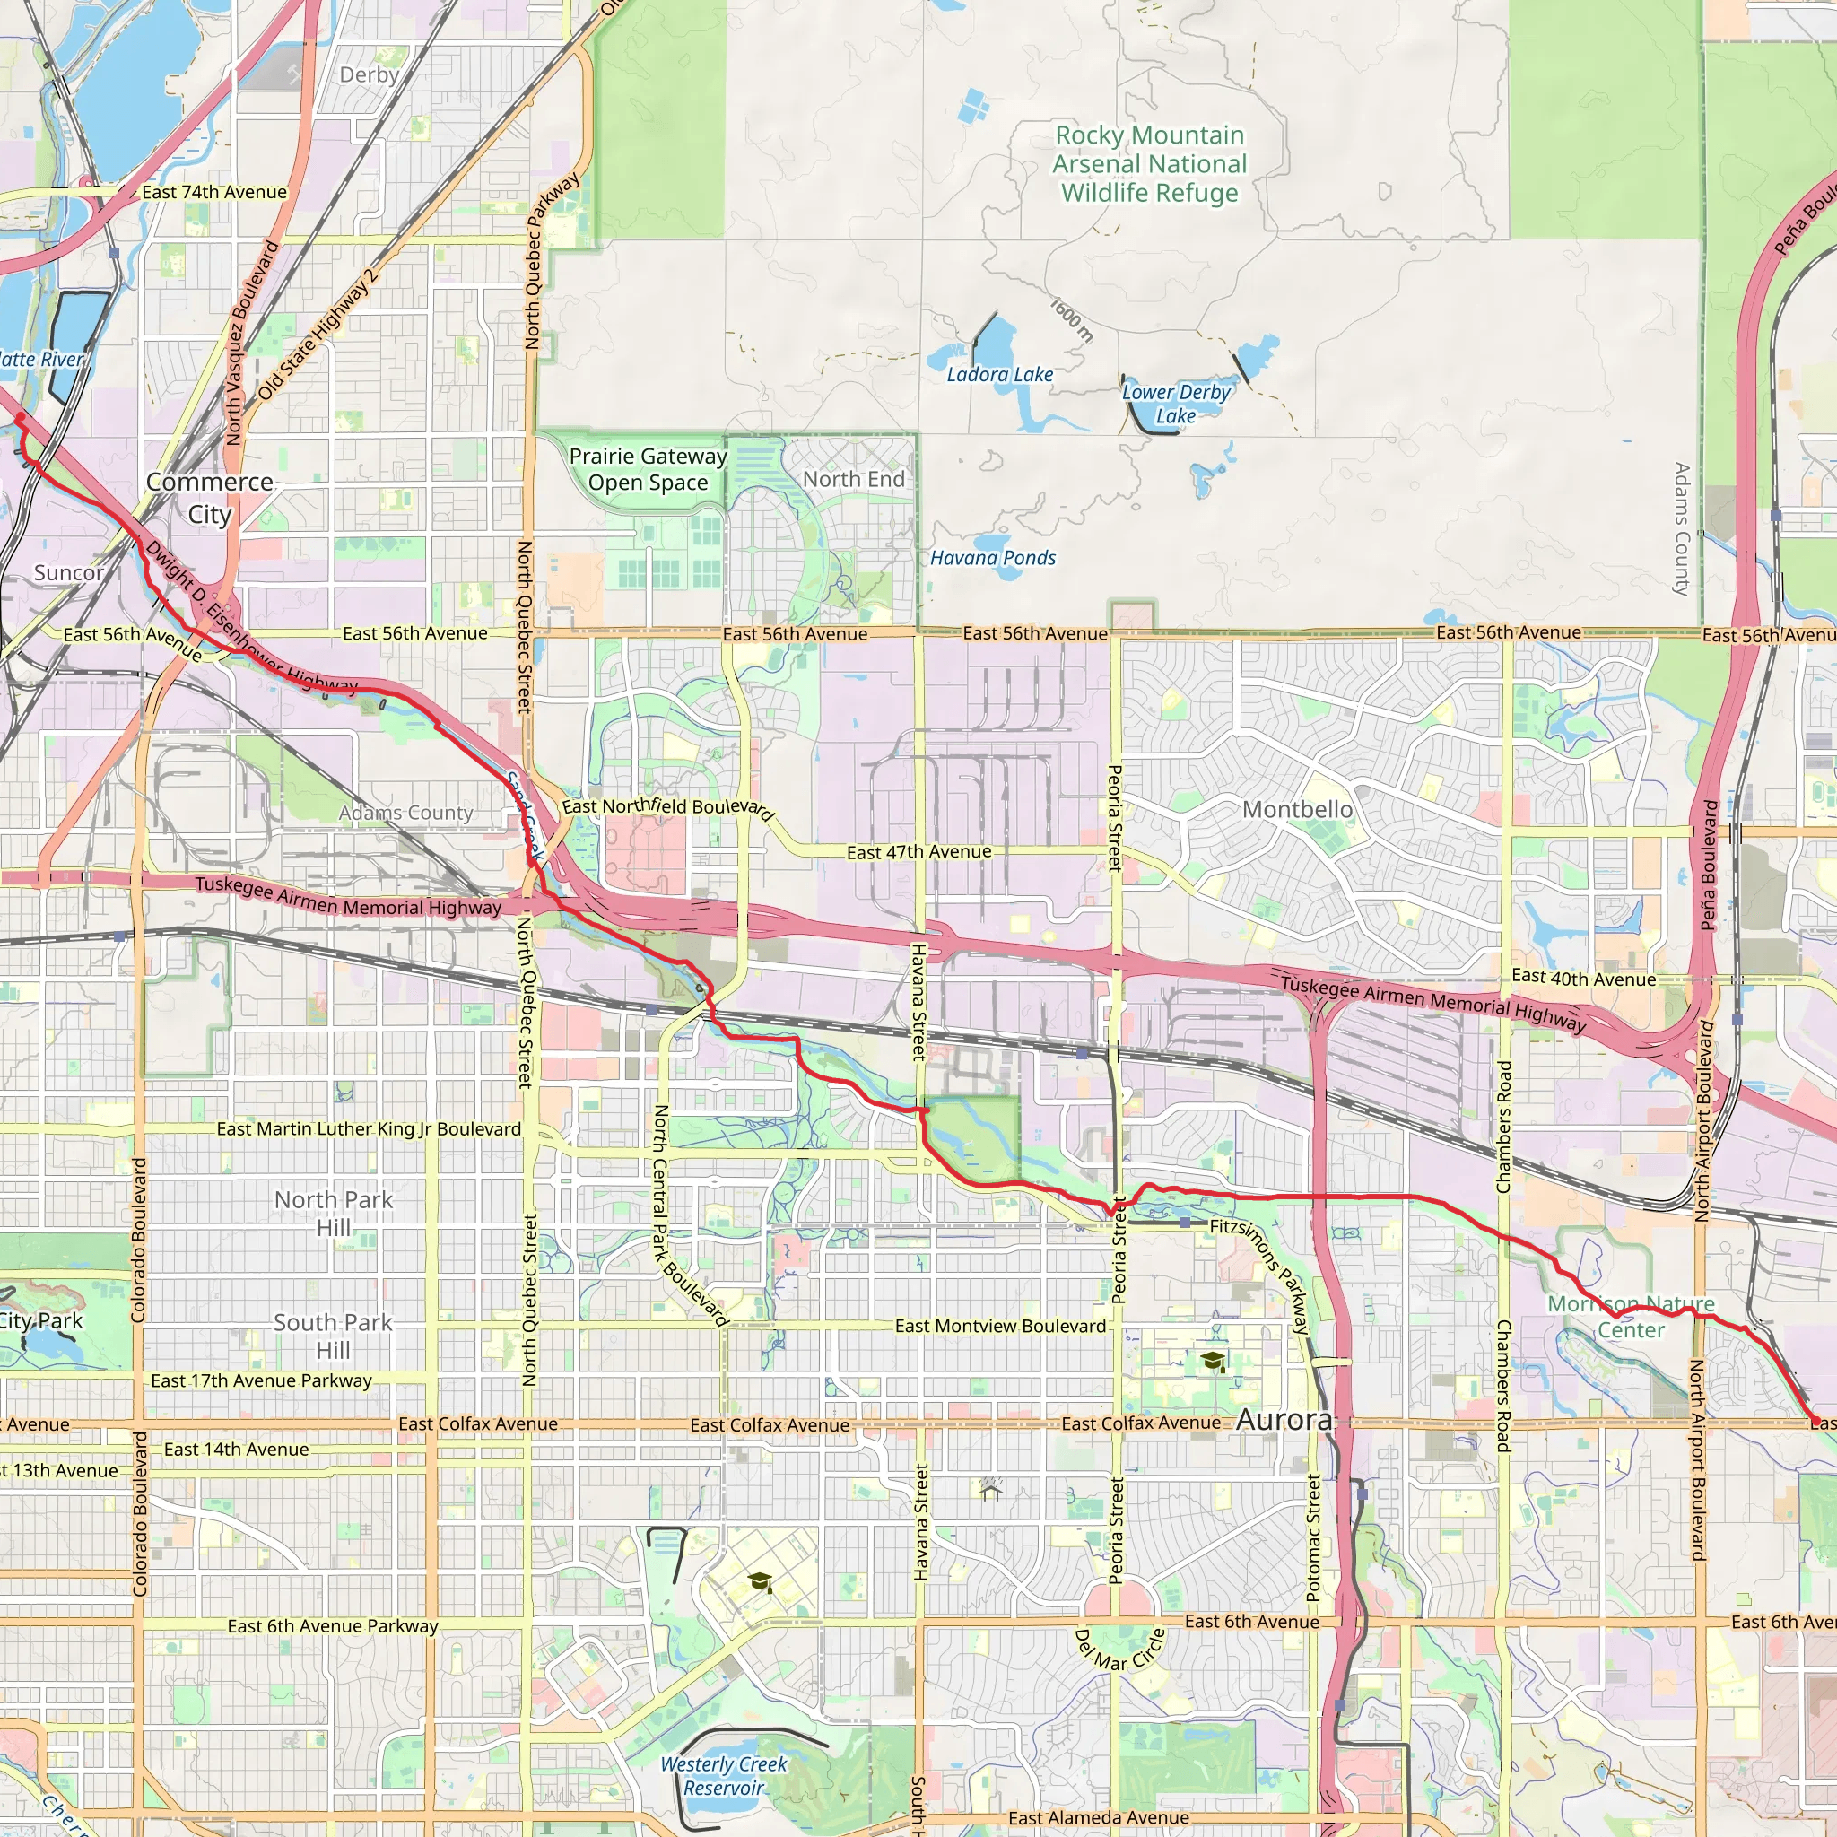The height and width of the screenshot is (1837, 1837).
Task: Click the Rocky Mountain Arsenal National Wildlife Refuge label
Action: (x=1149, y=163)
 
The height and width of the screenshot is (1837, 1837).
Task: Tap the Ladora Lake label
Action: (x=999, y=375)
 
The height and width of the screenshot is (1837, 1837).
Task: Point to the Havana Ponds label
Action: (x=993, y=558)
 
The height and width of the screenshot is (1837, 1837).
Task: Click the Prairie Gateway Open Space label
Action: (x=648, y=469)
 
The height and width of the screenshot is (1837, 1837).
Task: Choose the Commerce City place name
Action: (x=209, y=497)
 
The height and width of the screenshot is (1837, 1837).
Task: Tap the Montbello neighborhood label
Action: (x=1297, y=809)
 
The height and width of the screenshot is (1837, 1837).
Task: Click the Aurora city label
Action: (x=1284, y=1421)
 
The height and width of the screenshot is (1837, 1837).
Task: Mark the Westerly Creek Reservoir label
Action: (x=724, y=1776)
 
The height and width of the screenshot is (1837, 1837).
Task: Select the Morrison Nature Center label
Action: (x=1631, y=1317)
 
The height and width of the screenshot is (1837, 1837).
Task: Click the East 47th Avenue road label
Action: (x=918, y=852)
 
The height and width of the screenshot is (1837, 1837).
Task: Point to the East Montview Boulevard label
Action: (x=1000, y=1326)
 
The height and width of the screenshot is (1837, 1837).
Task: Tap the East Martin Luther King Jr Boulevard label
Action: (x=369, y=1128)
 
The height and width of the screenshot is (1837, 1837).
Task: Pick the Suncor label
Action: (x=68, y=572)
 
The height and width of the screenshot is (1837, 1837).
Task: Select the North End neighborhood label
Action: (x=853, y=479)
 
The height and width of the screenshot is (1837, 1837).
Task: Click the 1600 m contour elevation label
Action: (x=1072, y=320)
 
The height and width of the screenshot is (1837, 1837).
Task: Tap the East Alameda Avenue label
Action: (x=1098, y=1818)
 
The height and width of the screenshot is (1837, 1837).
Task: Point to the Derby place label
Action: (x=369, y=74)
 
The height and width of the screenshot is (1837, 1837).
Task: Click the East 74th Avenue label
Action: (x=214, y=192)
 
